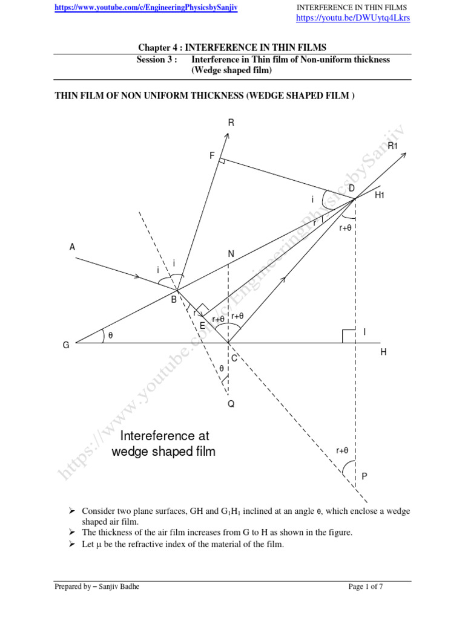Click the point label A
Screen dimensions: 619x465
point(73,247)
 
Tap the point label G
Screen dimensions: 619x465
point(66,345)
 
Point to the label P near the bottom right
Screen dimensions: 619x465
point(364,476)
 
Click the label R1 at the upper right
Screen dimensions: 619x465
point(392,146)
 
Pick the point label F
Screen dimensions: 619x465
point(212,155)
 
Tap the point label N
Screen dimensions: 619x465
point(231,254)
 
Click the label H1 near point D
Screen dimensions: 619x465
point(380,195)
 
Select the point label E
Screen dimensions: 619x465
point(203,325)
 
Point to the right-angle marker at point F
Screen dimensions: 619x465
point(222,161)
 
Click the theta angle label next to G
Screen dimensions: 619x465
point(110,336)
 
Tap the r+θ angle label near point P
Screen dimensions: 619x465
point(342,450)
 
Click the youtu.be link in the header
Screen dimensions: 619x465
point(352,18)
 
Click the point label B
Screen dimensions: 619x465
point(174,299)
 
